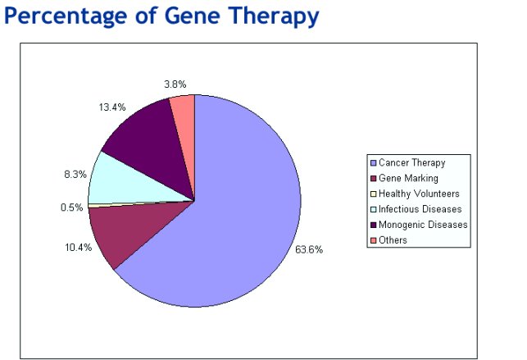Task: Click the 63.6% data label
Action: [309, 250]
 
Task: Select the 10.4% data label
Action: [79, 248]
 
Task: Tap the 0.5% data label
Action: [71, 207]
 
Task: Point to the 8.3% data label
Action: [75, 175]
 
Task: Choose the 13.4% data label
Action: [112, 107]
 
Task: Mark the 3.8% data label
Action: [175, 84]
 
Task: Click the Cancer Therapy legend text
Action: [412, 163]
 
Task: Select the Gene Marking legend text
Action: [408, 179]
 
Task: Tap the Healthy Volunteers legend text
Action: [419, 194]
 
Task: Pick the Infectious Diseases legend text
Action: [420, 209]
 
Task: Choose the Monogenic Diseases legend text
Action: [423, 225]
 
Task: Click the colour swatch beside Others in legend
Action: [373, 240]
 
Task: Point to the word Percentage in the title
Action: [66, 16]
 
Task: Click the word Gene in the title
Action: [193, 16]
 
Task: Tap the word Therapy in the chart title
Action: [273, 16]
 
